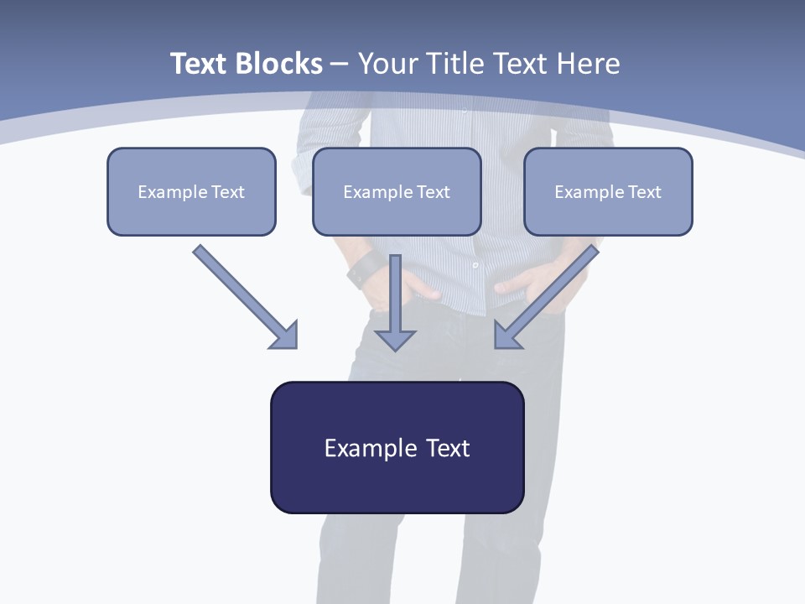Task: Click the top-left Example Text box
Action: point(191,191)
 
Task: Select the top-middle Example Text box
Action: point(397,191)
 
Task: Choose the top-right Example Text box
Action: point(608,191)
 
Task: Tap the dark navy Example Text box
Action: point(397,447)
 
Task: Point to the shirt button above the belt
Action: point(475,265)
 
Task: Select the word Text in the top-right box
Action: point(644,192)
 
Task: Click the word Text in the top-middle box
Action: point(433,192)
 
